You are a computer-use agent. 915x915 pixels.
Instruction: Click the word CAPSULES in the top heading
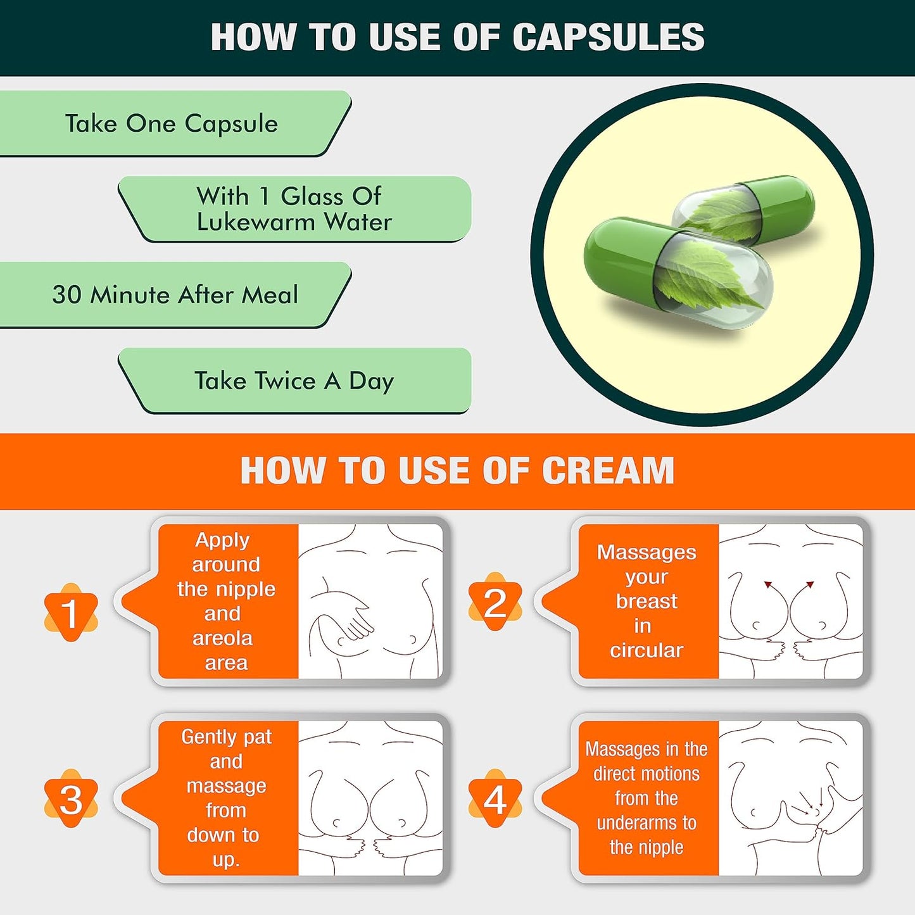tap(609, 37)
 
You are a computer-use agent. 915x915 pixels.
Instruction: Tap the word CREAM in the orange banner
tap(608, 470)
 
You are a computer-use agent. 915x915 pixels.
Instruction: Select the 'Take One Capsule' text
tap(172, 124)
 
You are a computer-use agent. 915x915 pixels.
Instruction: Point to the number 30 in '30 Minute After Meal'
tap(67, 295)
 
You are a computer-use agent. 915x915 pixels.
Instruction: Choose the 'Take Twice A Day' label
tap(294, 381)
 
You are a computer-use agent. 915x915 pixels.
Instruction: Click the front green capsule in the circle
tap(679, 272)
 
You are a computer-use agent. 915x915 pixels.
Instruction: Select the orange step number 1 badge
tap(71, 612)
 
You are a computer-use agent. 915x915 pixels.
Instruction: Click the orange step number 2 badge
tap(495, 602)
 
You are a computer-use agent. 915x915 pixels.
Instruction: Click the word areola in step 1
tap(222, 638)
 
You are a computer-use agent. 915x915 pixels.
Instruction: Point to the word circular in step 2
tap(647, 650)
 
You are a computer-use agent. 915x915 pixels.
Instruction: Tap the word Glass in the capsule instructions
tap(312, 196)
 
